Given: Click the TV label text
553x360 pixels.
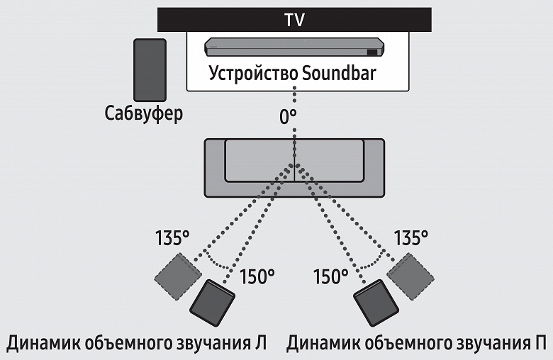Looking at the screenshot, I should (294, 19).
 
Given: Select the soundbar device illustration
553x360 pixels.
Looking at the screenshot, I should (294, 47).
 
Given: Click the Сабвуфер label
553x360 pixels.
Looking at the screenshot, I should (143, 113).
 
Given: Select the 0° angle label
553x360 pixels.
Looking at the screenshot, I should (288, 118).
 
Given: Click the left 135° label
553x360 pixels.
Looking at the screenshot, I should (172, 237).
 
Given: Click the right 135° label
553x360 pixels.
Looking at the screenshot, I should (411, 237).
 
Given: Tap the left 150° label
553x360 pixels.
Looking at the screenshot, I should (256, 276).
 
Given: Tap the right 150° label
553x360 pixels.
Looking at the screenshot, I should (330, 276).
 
